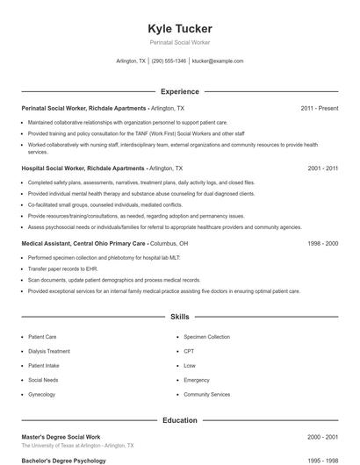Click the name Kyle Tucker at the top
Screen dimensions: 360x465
180,28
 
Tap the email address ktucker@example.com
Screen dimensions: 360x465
217,61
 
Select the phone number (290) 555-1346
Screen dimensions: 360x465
169,61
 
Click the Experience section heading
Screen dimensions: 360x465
180,91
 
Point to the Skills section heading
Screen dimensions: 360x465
180,316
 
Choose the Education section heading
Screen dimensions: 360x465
180,420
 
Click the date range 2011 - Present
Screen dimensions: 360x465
319,108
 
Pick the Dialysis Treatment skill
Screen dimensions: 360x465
48,351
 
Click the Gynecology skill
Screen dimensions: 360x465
41,395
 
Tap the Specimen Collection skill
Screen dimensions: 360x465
207,337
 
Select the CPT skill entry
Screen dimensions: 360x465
190,351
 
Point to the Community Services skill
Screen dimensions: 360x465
207,395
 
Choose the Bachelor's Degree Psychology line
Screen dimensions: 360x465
62,461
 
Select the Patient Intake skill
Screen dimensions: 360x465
44,366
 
